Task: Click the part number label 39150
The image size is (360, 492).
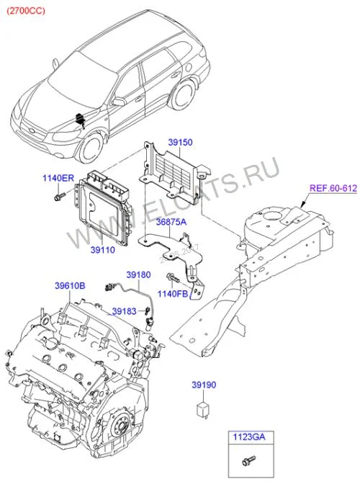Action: coord(180,142)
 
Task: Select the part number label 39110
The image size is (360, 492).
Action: coord(103,250)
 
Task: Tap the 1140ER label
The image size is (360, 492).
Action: coord(58,178)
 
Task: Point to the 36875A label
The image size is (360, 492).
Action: coord(171,222)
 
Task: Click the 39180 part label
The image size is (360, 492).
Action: coord(139,275)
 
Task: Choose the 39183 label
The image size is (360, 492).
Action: coord(124,311)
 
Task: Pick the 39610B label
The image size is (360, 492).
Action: coord(70,286)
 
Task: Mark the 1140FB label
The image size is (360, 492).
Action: coord(173,294)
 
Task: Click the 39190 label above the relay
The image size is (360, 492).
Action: coord(204,385)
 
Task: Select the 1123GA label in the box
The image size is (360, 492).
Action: coord(248,437)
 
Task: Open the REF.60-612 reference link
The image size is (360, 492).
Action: coord(333,188)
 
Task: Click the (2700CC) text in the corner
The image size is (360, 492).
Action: coord(26,11)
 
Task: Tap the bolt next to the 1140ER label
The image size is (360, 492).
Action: coord(60,197)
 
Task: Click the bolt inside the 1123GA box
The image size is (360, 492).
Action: coord(248,460)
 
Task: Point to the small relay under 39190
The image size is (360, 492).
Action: coord(202,409)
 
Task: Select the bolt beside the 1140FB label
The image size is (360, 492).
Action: coord(173,277)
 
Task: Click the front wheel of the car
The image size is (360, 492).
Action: coord(91,148)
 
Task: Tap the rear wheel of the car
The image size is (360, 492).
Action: coord(184,95)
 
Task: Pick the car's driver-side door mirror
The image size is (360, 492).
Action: coord(119,102)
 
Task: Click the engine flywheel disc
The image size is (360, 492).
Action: coord(122,427)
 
